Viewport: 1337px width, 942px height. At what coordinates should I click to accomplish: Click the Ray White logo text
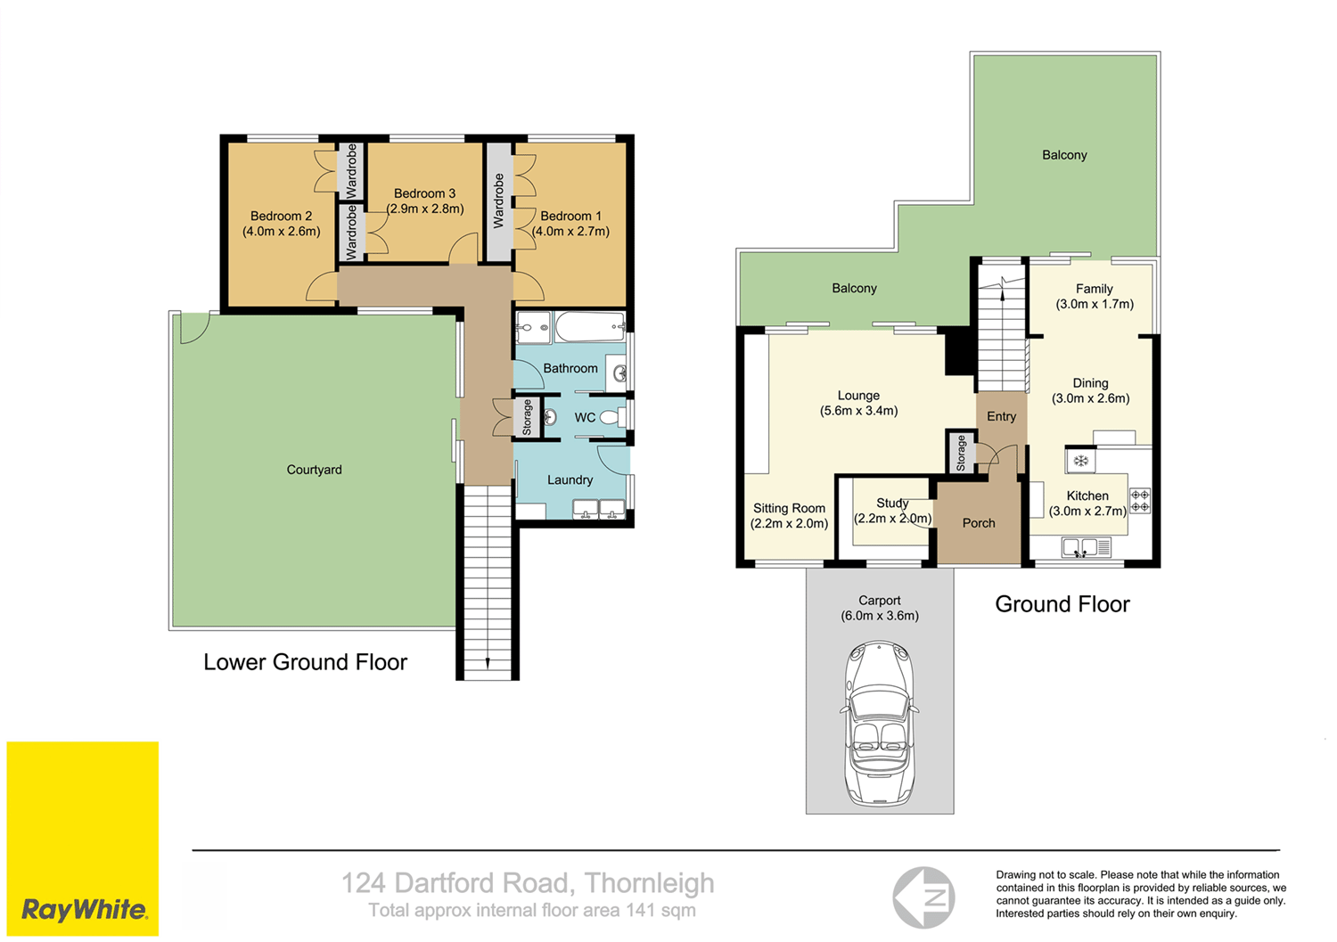click(x=84, y=910)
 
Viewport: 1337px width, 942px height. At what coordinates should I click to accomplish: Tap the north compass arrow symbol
click(x=924, y=897)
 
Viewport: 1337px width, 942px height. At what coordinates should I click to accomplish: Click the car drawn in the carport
click(x=879, y=723)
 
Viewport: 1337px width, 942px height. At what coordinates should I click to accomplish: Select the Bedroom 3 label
click(x=424, y=193)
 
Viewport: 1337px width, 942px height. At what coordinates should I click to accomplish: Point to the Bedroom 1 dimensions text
click(x=570, y=232)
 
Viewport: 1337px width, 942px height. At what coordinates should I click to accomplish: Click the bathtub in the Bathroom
click(x=589, y=327)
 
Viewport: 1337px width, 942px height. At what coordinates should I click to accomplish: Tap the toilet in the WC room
click(x=611, y=417)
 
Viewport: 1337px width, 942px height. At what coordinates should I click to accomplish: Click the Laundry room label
click(x=570, y=479)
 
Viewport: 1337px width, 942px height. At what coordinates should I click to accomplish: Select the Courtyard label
click(x=314, y=470)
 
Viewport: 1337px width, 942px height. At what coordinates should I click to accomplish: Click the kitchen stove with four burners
click(x=1140, y=501)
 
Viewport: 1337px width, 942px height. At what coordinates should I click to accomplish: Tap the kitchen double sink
click(x=1081, y=547)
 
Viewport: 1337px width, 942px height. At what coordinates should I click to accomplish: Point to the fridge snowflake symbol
click(x=1080, y=461)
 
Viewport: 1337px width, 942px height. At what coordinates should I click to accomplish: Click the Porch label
click(x=978, y=523)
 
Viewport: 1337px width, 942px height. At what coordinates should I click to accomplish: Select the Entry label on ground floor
click(x=1001, y=416)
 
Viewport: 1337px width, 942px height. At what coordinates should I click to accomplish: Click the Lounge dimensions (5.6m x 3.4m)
click(x=858, y=411)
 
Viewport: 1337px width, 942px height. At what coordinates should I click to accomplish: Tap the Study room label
click(x=891, y=504)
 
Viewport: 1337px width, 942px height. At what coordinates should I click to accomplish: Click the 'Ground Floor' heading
click(x=1062, y=604)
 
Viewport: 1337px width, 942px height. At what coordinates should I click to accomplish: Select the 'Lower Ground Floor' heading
click(x=305, y=662)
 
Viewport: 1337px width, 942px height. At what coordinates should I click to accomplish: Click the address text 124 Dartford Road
click(x=528, y=883)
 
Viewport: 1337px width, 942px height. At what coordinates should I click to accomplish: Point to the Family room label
click(x=1094, y=289)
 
